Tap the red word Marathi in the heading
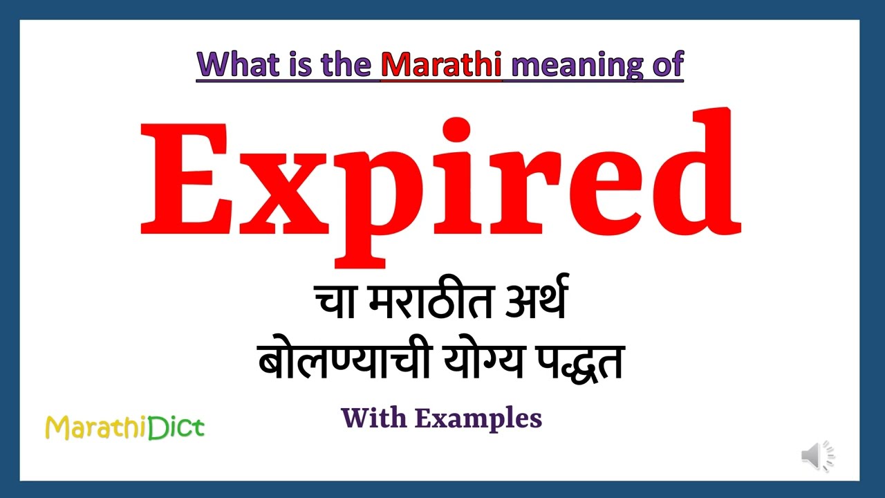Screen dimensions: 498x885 tap(441, 64)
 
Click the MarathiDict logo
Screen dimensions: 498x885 tap(125, 427)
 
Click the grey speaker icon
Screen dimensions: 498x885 tap(817, 456)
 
